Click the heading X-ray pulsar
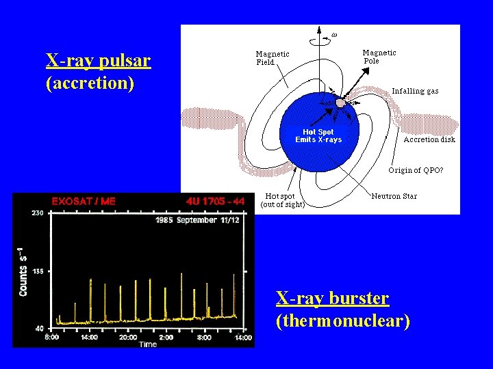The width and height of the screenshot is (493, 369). click(x=98, y=61)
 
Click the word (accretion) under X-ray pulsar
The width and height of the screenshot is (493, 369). click(x=90, y=83)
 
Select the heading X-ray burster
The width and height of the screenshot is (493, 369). click(x=332, y=299)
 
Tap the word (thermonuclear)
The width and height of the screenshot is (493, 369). click(x=342, y=320)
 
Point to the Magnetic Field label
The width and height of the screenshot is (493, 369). click(x=272, y=58)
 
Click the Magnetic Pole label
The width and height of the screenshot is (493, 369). click(x=379, y=57)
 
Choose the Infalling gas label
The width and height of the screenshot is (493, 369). click(x=415, y=91)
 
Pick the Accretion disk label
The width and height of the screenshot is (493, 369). click(x=429, y=139)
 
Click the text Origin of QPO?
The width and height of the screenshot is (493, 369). click(x=416, y=170)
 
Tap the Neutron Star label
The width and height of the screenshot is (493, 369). click(x=394, y=196)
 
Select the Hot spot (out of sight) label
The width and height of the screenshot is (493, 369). click(x=282, y=200)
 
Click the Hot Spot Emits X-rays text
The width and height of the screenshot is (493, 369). click(x=318, y=136)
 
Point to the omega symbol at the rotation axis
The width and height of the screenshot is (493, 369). click(x=334, y=33)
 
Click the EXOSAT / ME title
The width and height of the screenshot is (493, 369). click(x=84, y=202)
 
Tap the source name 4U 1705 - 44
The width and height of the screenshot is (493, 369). click(x=215, y=202)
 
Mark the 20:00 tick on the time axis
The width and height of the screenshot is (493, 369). click(x=129, y=337)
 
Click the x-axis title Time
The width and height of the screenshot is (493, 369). click(x=148, y=344)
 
